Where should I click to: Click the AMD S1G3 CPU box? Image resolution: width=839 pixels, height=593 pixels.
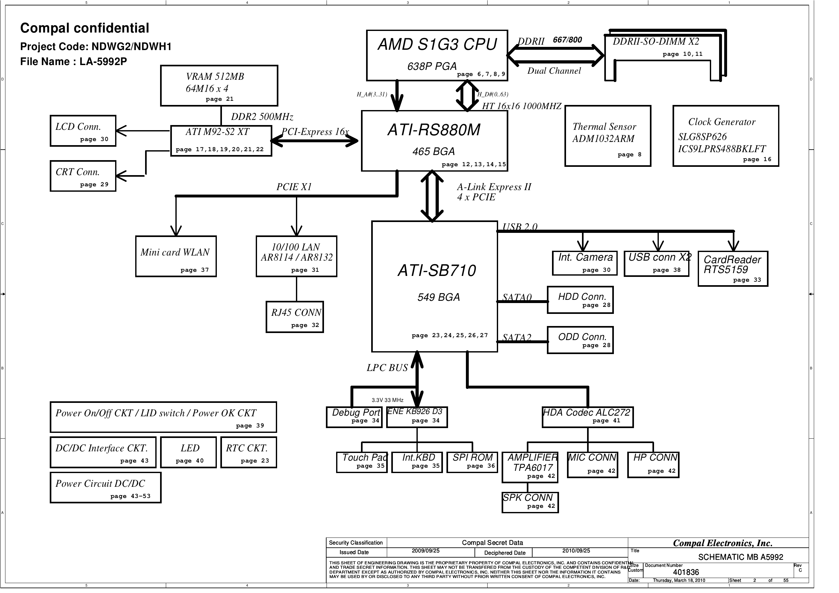[x=437, y=55]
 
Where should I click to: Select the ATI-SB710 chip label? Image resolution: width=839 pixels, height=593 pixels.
[x=437, y=271]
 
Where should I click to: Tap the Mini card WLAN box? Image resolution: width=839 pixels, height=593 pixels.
[x=176, y=256]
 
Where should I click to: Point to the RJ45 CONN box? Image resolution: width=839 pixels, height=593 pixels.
[x=295, y=317]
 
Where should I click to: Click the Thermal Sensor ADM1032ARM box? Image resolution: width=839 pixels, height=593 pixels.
[x=608, y=136]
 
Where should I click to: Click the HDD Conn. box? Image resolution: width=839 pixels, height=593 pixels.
[x=580, y=300]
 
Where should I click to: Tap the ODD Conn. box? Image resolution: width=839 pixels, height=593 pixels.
[x=580, y=340]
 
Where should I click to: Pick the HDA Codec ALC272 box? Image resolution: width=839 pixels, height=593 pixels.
[x=588, y=417]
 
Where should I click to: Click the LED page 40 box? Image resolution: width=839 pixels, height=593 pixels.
[x=188, y=452]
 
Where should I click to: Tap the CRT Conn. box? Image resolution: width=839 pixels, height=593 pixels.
[x=83, y=176]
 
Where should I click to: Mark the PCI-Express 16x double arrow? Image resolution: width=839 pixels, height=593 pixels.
[x=315, y=141]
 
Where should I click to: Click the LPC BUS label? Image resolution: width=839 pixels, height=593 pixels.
[x=387, y=368]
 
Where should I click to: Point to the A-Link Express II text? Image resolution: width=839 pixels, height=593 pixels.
[x=494, y=187]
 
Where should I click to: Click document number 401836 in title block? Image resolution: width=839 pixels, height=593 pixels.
[x=686, y=572]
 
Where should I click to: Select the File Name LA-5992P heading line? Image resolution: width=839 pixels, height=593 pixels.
[x=73, y=62]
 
